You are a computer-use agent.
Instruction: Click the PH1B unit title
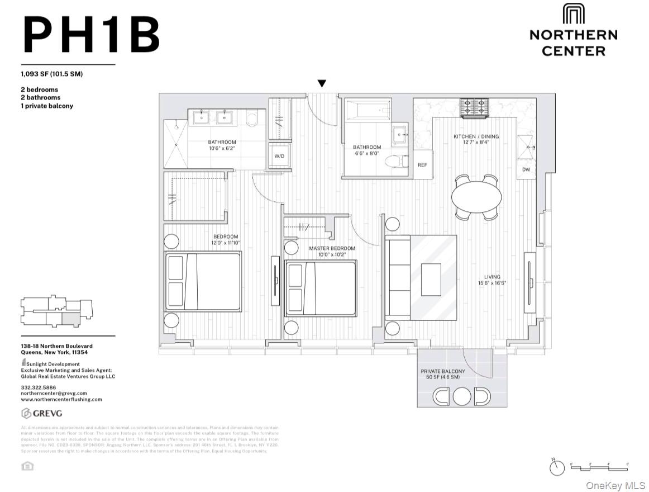click(x=91, y=35)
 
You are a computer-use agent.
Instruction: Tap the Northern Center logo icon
click(x=573, y=14)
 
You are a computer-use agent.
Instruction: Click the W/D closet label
click(x=279, y=156)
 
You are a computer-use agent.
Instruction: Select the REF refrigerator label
click(x=422, y=165)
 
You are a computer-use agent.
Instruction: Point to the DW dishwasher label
click(x=526, y=169)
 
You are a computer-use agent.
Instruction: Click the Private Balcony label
click(x=443, y=375)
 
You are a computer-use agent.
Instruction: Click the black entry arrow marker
click(x=322, y=84)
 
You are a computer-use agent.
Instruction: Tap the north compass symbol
click(x=557, y=468)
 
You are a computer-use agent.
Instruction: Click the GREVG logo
click(x=42, y=414)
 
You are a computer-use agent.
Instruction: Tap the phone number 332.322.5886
click(x=37, y=387)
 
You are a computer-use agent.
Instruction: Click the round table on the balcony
click(x=462, y=396)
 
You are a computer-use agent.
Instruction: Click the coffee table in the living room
click(x=431, y=279)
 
